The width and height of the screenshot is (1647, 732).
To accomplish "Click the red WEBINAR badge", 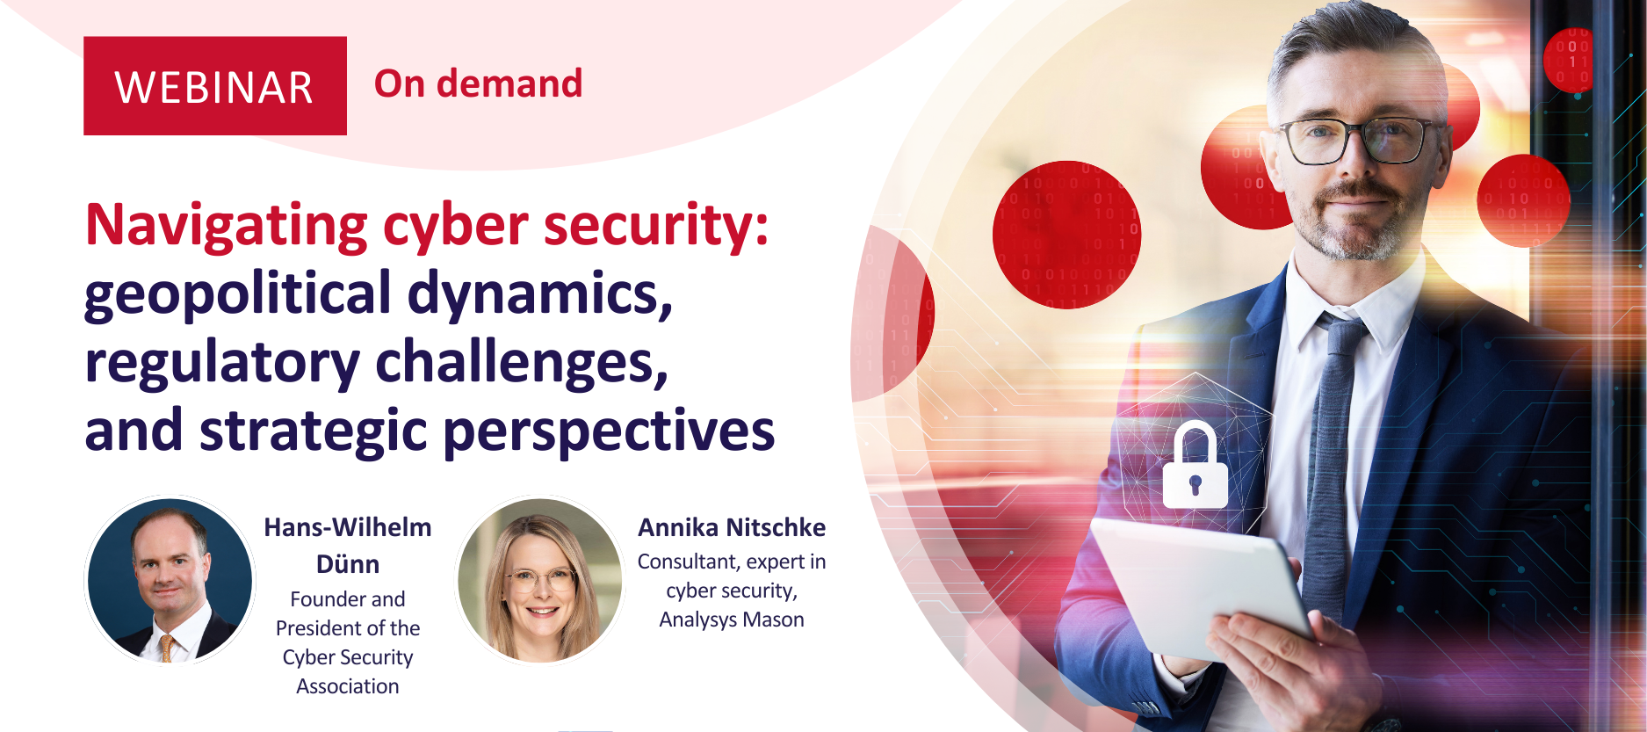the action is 215,86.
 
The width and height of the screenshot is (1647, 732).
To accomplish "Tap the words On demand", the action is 479,84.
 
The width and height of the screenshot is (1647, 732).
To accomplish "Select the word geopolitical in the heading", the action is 238,294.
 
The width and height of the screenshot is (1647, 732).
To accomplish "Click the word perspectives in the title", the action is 609,431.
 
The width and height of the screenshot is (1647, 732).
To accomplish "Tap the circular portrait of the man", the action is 170,580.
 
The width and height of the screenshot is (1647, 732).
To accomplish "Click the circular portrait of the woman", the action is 540,580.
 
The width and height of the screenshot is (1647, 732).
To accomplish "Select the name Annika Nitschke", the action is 732,527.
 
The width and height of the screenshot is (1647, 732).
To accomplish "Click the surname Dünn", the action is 348,564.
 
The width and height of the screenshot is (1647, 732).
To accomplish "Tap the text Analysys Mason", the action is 732,620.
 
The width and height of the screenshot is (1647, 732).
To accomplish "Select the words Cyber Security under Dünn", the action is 348,657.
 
